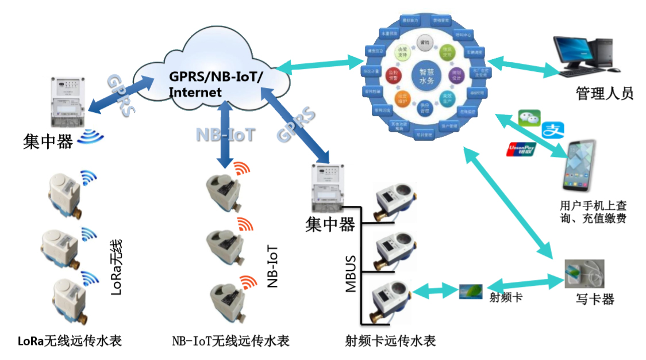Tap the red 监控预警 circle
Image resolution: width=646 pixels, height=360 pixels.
[394, 74]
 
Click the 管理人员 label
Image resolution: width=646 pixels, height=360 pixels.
[604, 93]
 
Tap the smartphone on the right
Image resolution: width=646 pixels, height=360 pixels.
[587, 166]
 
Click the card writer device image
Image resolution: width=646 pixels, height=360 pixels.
[583, 274]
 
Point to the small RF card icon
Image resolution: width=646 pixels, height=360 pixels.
[471, 292]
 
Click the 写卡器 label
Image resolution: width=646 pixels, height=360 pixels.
[595, 299]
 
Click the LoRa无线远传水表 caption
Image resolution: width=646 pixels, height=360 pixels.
[70, 340]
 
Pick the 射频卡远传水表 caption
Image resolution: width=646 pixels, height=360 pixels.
[390, 340]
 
